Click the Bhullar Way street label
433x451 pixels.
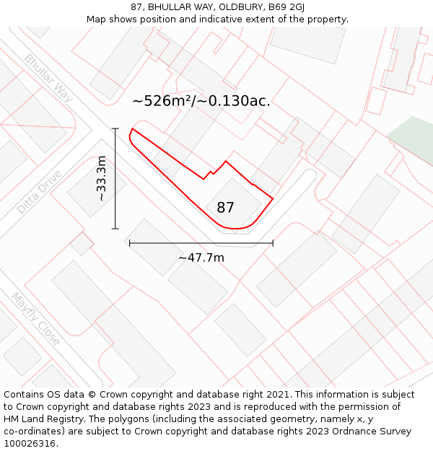click(x=48, y=76)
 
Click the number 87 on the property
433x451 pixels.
click(x=225, y=208)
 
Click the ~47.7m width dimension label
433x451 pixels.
click(x=201, y=258)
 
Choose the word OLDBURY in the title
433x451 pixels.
click(x=241, y=7)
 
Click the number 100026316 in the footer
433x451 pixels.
click(x=29, y=443)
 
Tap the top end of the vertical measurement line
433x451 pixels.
click(x=115, y=128)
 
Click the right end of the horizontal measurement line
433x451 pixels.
click(x=273, y=243)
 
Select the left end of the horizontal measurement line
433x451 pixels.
click(x=130, y=243)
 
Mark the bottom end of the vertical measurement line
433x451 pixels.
click(x=115, y=229)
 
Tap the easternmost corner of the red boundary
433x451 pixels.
click(x=273, y=197)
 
